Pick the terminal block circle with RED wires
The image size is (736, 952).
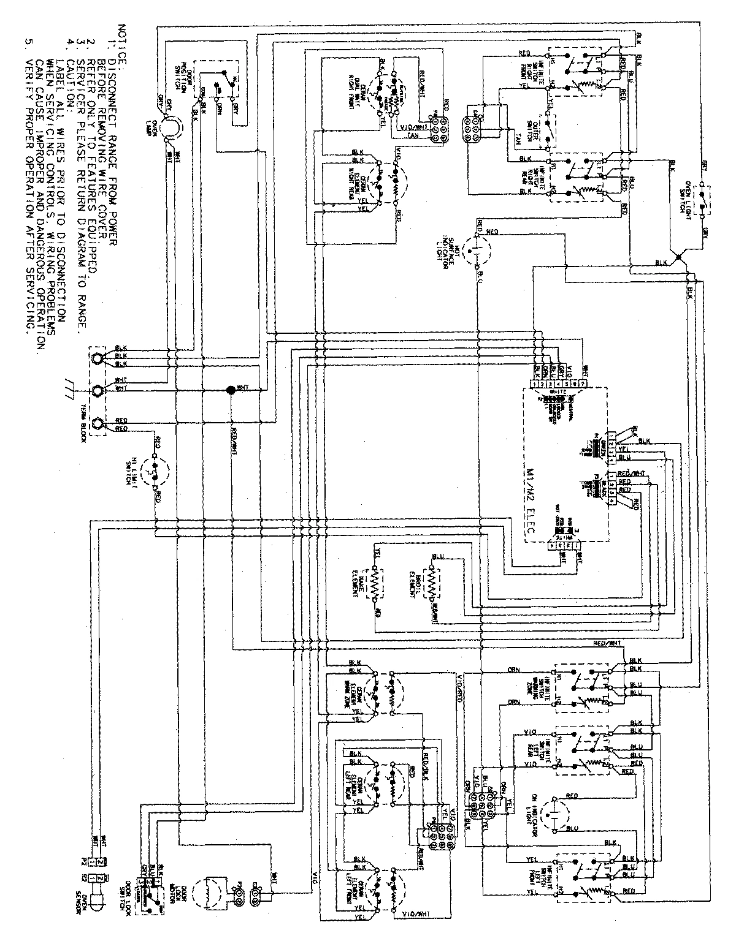[x=98, y=423]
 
